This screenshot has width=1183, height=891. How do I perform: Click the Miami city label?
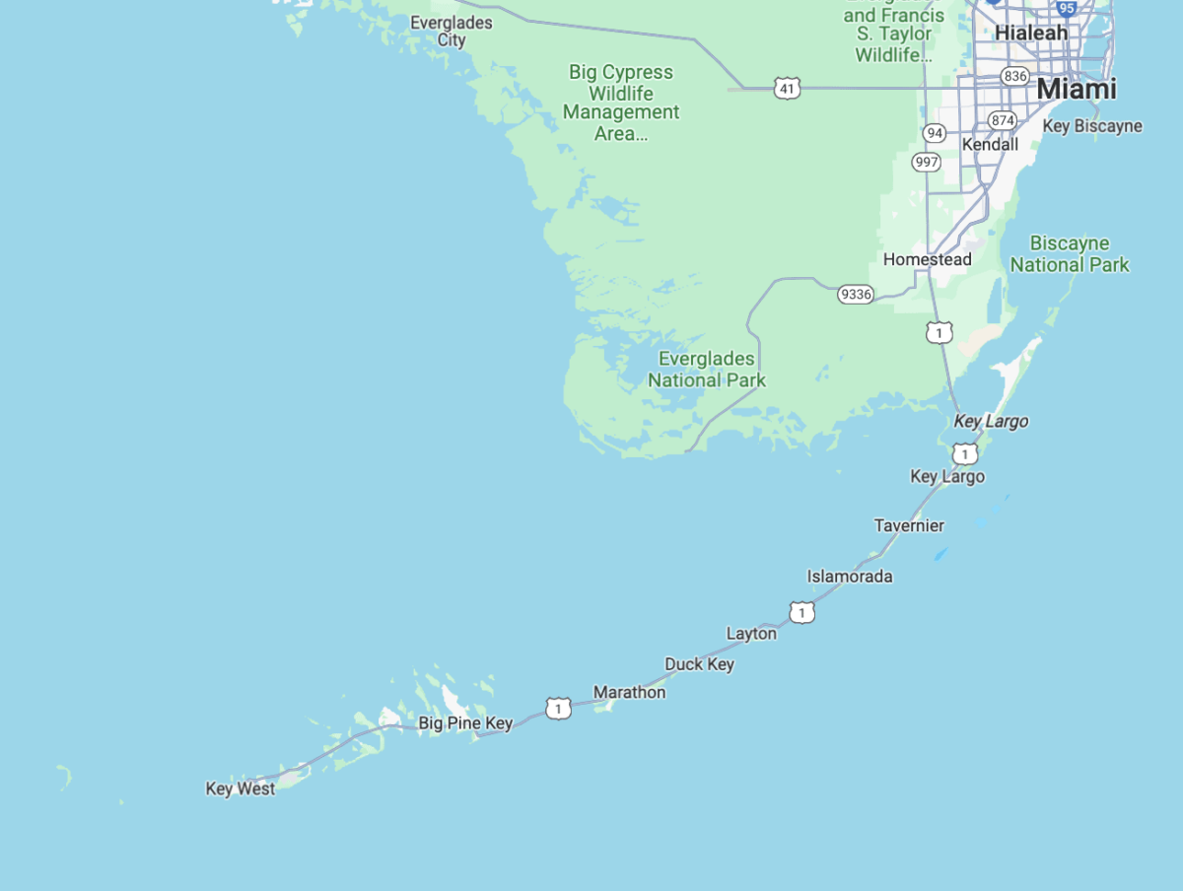[x=1076, y=89]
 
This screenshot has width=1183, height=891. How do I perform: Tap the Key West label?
[x=241, y=788]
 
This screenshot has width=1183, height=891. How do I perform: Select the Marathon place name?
[x=629, y=692]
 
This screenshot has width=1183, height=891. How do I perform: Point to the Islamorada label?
[x=850, y=576]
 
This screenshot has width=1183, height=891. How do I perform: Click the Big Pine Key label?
[x=465, y=723]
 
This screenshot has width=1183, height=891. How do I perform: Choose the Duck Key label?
[x=699, y=664]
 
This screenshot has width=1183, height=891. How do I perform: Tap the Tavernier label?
[x=909, y=525]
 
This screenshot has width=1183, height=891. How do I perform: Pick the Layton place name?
[x=751, y=634]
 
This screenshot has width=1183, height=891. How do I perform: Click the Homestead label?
[x=927, y=259]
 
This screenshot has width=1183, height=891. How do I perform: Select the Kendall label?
[x=990, y=145]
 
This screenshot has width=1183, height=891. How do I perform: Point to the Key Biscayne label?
[x=1092, y=126]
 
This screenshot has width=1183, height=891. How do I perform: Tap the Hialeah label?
[x=1031, y=33]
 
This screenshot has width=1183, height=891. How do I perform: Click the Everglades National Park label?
[x=707, y=370]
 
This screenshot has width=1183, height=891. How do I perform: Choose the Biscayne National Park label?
[x=1070, y=253]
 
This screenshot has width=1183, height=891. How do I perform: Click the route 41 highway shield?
[x=787, y=89]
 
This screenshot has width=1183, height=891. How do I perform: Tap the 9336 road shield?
[x=855, y=294]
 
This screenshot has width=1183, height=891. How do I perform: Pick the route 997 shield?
[x=926, y=162]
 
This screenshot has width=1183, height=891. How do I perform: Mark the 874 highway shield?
[x=1003, y=120]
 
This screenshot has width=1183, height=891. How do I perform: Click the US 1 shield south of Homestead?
[x=939, y=333]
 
